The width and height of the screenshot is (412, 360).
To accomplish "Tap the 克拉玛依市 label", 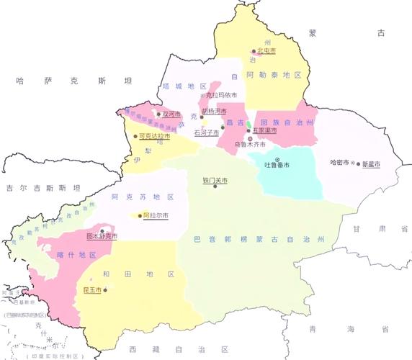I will tap(221, 95).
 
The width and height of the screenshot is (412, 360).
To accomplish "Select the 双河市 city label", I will tap(171, 114).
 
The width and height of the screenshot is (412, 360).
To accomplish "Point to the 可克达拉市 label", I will tap(155, 135).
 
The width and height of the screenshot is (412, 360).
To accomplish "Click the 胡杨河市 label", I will tap(214, 112).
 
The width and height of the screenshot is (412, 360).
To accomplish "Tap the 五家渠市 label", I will tap(264, 131).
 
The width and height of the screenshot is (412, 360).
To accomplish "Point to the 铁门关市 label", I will tap(215, 180).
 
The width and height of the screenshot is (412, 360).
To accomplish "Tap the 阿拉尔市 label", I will tap(156, 215).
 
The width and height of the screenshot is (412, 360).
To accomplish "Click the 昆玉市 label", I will tap(92, 289).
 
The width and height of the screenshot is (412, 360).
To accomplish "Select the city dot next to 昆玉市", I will tap(105, 289).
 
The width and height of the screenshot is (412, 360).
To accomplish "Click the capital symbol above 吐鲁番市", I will tap(277, 158).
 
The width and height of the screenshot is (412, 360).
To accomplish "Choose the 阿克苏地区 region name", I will tap(143, 197).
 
